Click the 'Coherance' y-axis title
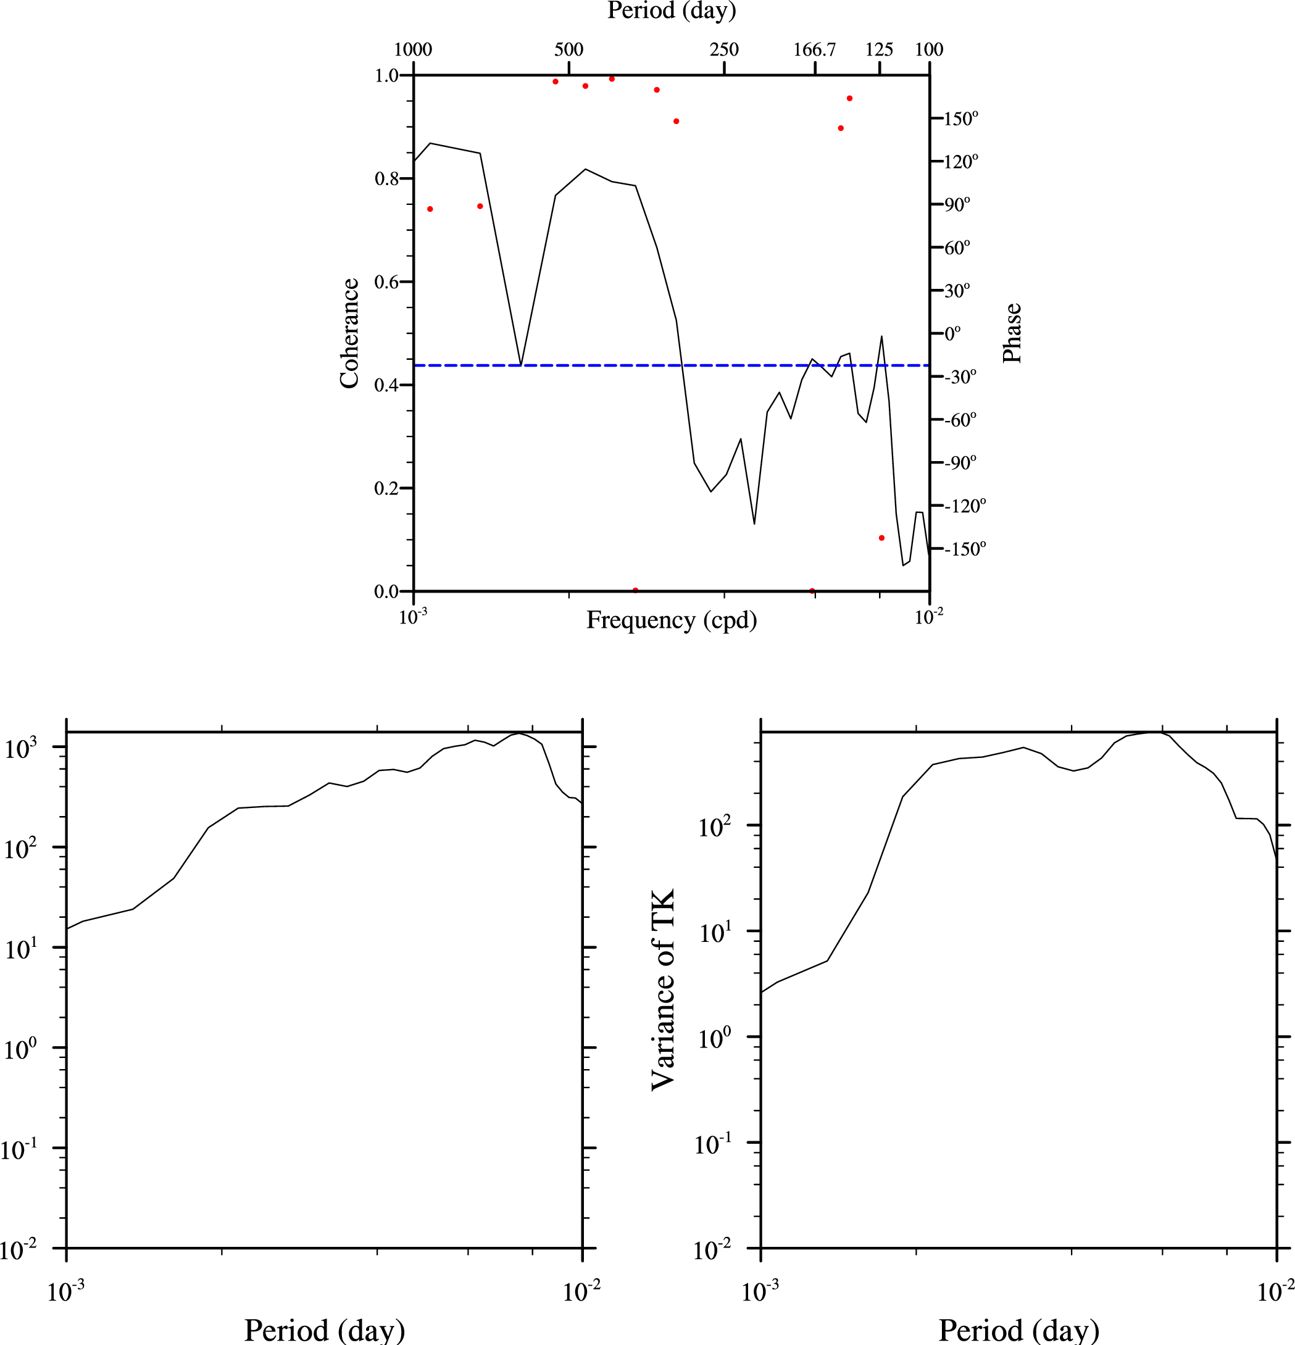point(349,333)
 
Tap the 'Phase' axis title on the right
point(1012,333)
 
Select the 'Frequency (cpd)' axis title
point(671,620)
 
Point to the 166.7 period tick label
point(815,50)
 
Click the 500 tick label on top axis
point(569,50)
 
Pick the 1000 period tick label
point(413,50)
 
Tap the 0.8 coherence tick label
point(387,179)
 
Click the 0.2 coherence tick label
point(387,489)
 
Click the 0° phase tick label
point(952,334)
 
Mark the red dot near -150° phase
point(882,538)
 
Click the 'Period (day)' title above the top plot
point(671,10)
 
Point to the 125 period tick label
point(879,50)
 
